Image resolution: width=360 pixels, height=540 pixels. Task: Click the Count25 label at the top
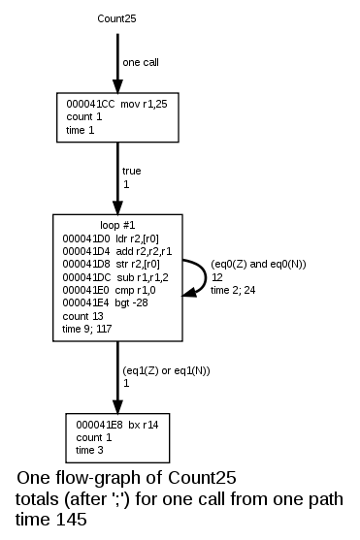pos(116,18)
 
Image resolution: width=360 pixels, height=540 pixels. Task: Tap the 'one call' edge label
pos(142,62)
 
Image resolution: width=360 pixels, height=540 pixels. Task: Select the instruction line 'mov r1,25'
pos(115,103)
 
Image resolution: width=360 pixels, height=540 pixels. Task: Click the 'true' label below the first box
pos(132,171)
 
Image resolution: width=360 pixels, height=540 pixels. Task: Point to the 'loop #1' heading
pos(117,225)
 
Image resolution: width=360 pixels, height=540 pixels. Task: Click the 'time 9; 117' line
pos(86,328)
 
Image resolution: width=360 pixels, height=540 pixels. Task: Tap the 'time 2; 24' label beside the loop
pos(233,289)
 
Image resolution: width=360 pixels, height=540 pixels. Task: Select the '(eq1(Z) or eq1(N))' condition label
pos(167,370)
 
